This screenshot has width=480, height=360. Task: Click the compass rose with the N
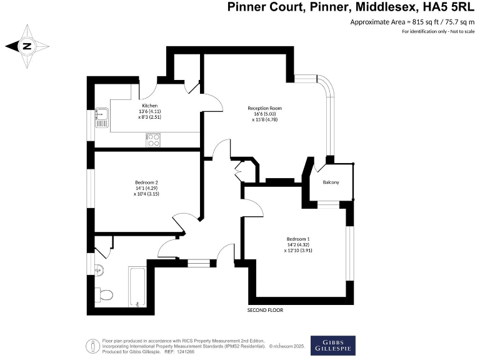click(27, 46)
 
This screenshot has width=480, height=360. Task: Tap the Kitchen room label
click(149, 106)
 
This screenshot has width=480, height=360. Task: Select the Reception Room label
click(262, 108)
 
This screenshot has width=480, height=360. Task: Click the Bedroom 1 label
click(298, 239)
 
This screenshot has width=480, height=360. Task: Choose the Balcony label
click(331, 182)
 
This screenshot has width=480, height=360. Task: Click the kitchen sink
click(101, 116)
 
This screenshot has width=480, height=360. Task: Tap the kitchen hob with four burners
click(154, 141)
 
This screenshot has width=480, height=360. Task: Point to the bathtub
click(137, 287)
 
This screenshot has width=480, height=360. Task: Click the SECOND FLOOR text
click(266, 311)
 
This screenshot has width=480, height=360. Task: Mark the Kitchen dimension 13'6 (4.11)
click(150, 111)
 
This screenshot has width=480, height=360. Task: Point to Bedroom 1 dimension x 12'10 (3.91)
click(298, 251)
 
